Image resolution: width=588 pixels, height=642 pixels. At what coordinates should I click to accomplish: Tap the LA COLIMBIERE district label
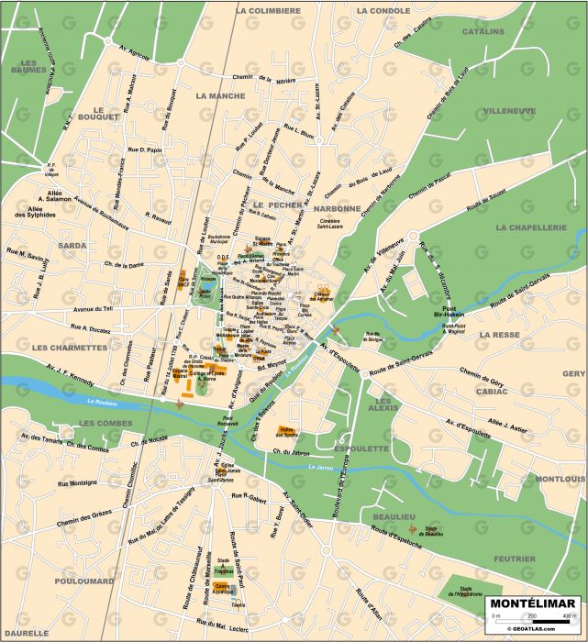coord(268,11)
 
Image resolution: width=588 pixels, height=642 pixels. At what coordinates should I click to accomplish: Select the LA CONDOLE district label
coord(383,11)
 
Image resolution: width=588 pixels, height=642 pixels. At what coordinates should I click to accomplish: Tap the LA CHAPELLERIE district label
coord(539,227)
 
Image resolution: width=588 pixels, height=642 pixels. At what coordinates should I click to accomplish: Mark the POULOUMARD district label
coord(83,581)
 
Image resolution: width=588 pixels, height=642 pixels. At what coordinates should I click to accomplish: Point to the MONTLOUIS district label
coord(560,479)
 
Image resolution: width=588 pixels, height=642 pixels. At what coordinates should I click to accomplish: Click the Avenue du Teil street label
coord(92,308)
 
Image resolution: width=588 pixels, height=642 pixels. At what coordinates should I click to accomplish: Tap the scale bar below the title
coord(531,621)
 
